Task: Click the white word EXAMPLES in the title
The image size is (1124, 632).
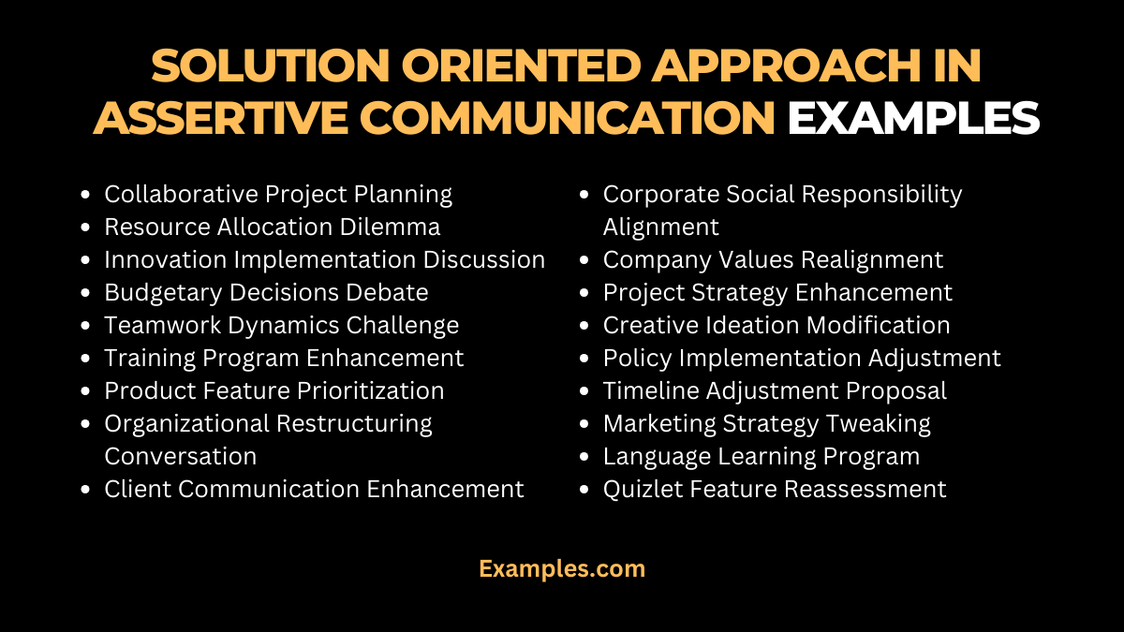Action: (913, 118)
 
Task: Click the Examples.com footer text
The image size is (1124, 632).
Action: (562, 568)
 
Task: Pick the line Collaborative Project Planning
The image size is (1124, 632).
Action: (278, 194)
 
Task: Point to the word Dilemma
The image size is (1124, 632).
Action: (396, 227)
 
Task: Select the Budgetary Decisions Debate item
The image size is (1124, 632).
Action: (266, 292)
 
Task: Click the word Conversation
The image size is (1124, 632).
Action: (180, 456)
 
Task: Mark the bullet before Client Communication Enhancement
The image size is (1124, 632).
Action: (86, 490)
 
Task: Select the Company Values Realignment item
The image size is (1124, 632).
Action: (773, 259)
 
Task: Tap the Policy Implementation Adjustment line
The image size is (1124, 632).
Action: (802, 358)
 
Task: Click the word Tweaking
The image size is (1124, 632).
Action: (878, 423)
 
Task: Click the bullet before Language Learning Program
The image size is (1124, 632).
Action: (585, 457)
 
